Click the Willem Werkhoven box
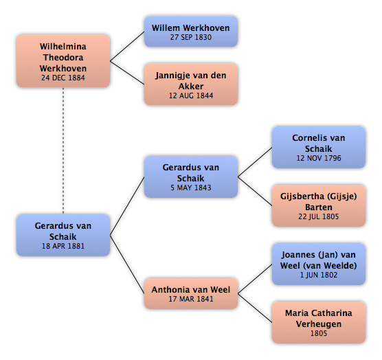click(191, 32)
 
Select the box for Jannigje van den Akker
click(191, 85)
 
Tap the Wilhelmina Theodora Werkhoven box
click(63, 61)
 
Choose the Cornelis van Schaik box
click(319, 147)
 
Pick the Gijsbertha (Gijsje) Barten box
click(319, 205)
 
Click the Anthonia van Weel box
click(191, 293)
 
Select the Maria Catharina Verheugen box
click(319, 322)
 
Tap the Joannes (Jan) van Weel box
click(319, 264)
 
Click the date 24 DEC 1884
click(63, 78)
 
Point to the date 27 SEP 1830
click(191, 37)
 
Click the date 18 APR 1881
click(63, 246)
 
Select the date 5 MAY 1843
click(191, 188)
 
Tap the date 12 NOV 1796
click(319, 158)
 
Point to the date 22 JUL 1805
click(319, 216)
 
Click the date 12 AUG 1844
click(191, 95)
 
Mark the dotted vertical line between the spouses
click(63, 150)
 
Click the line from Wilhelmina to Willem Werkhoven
click(127, 46)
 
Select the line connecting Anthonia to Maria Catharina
click(255, 308)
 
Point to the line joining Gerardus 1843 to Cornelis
click(255, 162)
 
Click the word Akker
click(191, 87)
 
